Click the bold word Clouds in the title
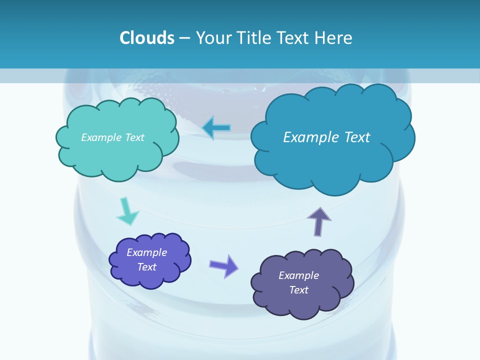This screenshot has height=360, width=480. (147, 38)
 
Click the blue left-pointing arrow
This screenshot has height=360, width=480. (217, 127)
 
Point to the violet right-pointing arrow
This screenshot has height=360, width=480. (223, 265)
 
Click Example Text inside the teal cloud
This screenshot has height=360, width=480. (112, 137)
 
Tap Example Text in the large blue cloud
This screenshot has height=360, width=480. (326, 137)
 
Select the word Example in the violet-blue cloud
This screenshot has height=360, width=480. (146, 252)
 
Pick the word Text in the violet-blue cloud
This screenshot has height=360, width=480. (147, 267)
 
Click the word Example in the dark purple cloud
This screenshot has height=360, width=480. (298, 275)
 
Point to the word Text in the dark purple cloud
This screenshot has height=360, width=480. (298, 290)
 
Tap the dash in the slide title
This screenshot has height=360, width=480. (184, 38)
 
